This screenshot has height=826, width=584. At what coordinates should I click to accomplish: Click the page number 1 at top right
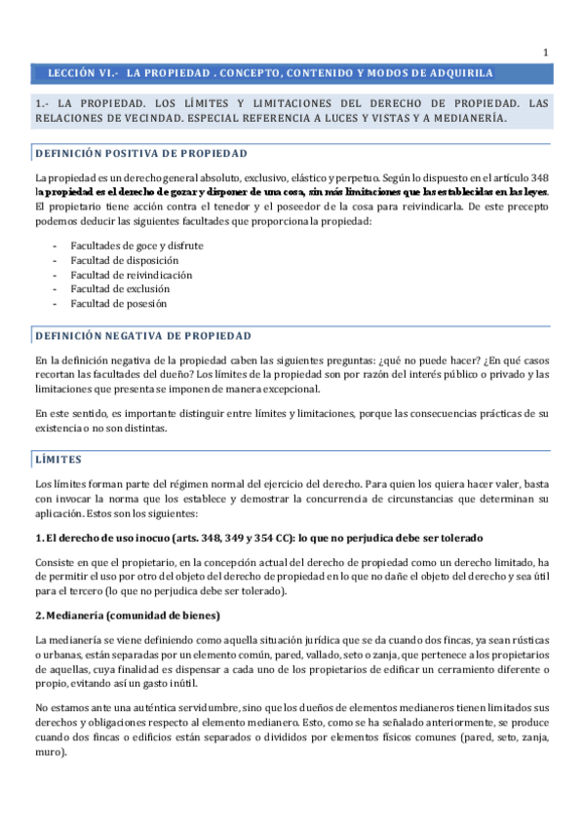[546, 53]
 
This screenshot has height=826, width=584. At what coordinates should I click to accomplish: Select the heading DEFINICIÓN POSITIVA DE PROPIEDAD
[140, 154]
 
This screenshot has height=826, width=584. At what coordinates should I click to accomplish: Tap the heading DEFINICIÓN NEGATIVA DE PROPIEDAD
[142, 336]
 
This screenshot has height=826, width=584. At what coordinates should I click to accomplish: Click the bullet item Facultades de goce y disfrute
[136, 246]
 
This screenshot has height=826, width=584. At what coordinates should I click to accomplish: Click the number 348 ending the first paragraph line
[538, 178]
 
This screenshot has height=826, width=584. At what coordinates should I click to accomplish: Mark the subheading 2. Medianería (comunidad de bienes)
[127, 615]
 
